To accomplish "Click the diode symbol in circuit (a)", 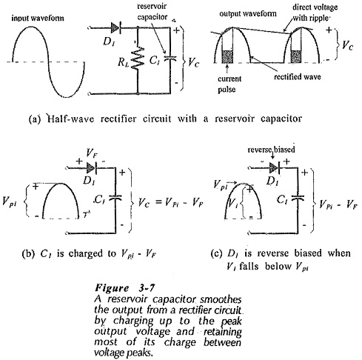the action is point(115,28).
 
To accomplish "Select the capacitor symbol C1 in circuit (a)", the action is point(170,59).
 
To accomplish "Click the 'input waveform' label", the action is point(38,19).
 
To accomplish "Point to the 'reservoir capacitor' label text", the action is point(152,12).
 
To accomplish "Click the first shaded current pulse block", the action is point(227,56).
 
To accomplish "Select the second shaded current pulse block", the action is point(296,56).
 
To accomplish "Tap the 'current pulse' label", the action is point(229,84).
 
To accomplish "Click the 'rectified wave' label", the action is point(298,77).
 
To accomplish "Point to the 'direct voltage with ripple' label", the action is point(315,13).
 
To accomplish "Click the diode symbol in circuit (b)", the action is point(91,168).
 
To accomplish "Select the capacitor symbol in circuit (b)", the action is point(115,198).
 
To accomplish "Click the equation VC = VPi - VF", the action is point(170,203).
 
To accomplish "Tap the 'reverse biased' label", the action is point(271,150).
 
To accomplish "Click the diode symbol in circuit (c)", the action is point(275,168).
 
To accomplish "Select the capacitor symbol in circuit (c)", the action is point(298,198).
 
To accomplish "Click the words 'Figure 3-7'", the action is point(125,288).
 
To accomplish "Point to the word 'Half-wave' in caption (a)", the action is point(70,119).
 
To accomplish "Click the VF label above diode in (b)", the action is point(92,153).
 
